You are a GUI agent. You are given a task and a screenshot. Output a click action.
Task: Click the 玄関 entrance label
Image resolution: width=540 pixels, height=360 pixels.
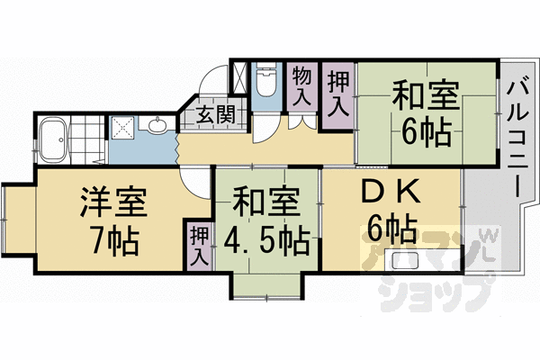coord(215,114)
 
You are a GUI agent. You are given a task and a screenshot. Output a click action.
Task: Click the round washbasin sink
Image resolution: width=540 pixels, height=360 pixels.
coord(157,125)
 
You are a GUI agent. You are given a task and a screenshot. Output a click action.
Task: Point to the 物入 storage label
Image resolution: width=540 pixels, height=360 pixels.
coord(301,85)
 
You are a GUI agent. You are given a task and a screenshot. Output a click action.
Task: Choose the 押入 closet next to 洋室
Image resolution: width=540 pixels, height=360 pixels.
coord(198,245)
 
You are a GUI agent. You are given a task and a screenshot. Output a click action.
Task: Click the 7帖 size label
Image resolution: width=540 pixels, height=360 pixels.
coord(110,239)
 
